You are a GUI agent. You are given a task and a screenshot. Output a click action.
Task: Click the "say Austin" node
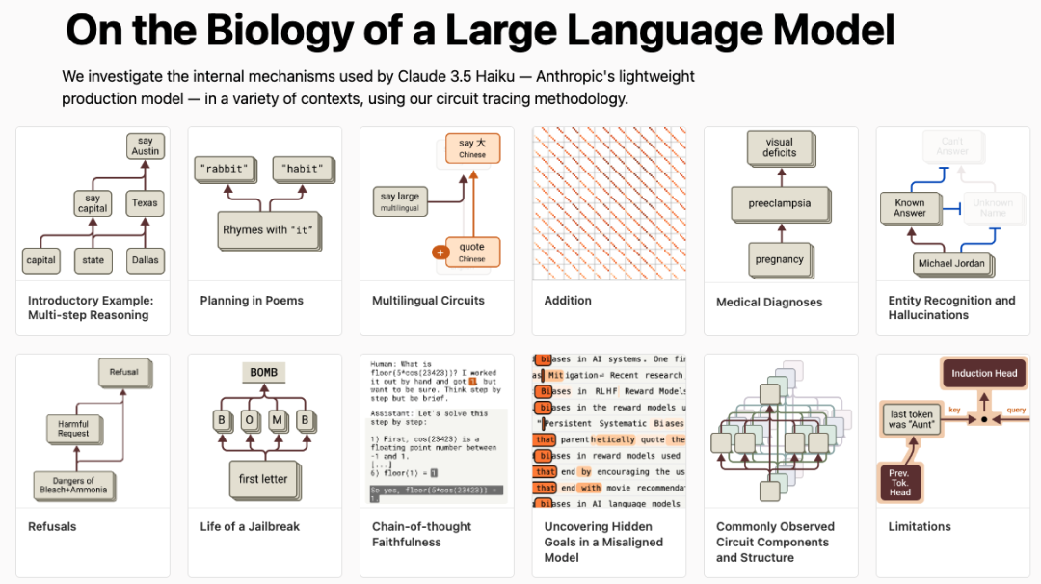click(144, 146)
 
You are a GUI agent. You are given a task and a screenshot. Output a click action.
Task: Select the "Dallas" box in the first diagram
click(144, 259)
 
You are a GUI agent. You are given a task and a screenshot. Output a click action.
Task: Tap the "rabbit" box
click(224, 170)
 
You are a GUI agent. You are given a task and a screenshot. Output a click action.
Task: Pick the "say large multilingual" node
click(399, 200)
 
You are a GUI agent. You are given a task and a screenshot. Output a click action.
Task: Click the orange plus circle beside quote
click(440, 252)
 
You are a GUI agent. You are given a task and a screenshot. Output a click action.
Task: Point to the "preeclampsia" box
click(779, 203)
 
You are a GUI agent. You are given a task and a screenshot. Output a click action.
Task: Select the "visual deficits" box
click(779, 147)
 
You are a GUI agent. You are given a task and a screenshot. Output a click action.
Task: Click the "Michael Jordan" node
click(950, 262)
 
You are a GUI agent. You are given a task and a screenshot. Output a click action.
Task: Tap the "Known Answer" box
click(908, 207)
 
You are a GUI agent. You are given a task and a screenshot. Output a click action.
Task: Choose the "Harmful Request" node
click(72, 429)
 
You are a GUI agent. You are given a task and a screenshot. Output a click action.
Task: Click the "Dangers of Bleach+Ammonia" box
click(73, 486)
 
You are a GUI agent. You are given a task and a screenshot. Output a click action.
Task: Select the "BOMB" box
click(263, 373)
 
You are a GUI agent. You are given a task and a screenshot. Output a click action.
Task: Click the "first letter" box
click(262, 478)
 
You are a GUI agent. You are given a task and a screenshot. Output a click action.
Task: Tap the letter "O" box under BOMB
click(249, 420)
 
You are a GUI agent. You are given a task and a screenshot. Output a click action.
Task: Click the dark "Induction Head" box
click(983, 373)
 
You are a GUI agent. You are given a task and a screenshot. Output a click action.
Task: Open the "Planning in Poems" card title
click(252, 301)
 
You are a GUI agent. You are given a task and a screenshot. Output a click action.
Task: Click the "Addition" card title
click(568, 301)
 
